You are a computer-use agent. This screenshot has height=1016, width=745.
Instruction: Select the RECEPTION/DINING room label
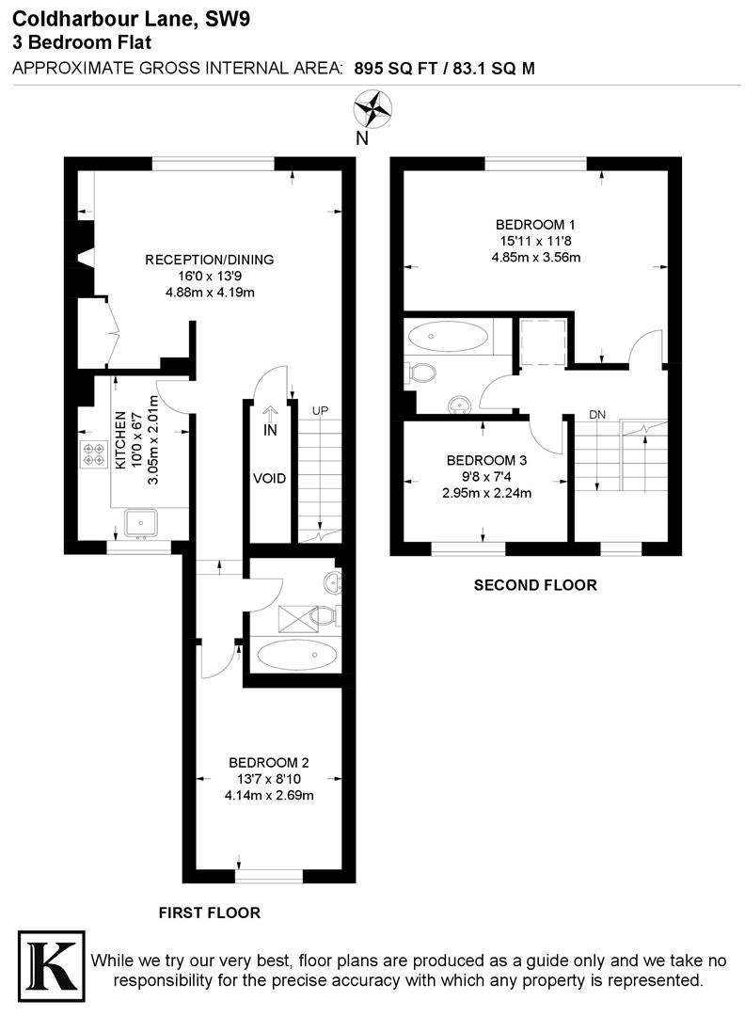point(209,260)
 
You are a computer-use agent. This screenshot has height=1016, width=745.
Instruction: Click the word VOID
point(269,478)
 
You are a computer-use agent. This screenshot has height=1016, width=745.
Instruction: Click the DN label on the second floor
point(596,415)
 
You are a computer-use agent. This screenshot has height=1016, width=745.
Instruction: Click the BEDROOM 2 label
point(269,763)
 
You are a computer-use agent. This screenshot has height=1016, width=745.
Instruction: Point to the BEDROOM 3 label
point(486,460)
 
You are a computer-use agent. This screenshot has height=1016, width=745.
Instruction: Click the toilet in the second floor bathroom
point(420,373)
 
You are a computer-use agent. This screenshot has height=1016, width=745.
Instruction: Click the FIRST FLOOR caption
point(209,912)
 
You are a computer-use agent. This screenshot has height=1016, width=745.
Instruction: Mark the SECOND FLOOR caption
point(534,584)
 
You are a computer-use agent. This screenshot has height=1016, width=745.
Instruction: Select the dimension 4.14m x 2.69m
point(269,795)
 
